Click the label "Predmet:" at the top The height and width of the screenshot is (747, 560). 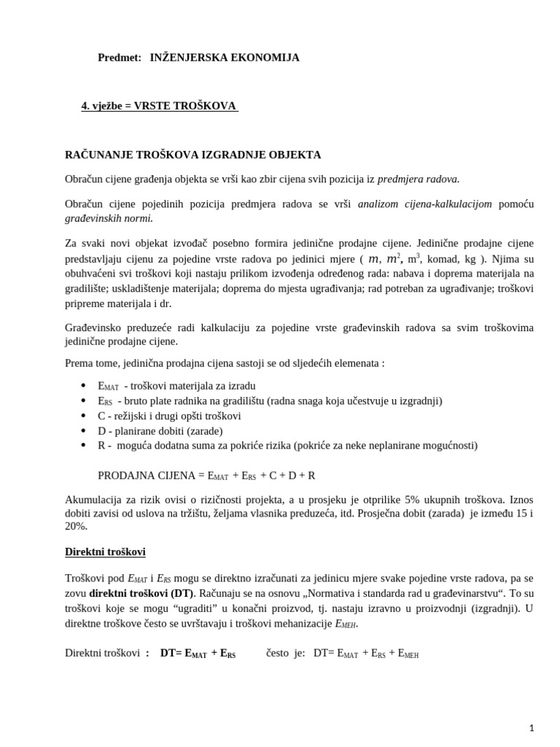pos(120,58)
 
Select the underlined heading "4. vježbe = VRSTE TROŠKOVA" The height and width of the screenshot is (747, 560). pos(159,106)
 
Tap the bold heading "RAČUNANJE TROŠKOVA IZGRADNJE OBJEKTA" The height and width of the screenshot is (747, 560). pos(193,155)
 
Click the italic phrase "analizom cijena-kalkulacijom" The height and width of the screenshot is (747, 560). pos(424,204)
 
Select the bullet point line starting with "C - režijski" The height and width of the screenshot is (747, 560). pos(169,416)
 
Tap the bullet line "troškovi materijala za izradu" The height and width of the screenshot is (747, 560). pos(176,386)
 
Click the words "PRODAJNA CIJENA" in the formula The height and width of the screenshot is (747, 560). pos(146,476)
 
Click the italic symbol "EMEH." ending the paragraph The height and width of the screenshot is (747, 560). pos(346,624)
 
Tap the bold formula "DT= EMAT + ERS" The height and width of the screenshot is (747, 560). pos(198,654)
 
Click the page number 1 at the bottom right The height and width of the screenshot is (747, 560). pos(532,727)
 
